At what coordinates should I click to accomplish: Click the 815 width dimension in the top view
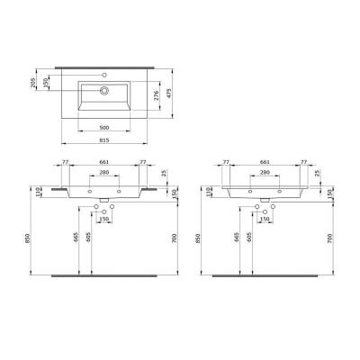pos(105,141)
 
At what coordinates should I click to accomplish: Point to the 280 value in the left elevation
pos(104,173)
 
